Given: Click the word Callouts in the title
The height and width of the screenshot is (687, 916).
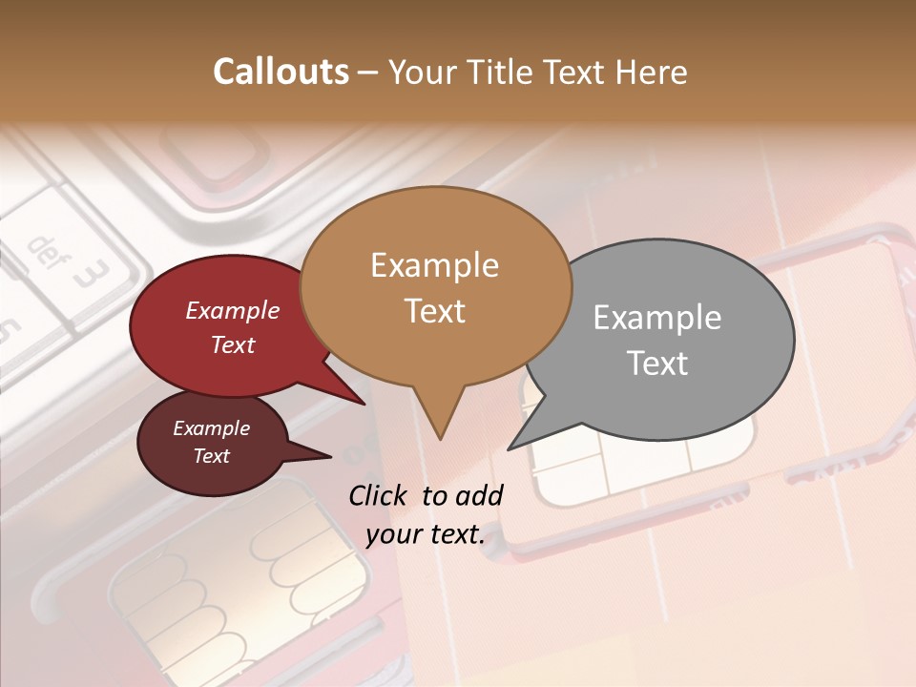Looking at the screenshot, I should [x=281, y=72].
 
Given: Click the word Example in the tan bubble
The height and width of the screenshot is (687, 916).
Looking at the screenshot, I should [x=434, y=265].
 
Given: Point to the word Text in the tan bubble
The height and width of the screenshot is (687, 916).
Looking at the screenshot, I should [x=434, y=310].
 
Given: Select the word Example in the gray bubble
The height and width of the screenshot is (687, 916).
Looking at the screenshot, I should [x=656, y=318].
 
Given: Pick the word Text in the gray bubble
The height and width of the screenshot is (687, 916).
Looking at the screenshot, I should [x=656, y=363].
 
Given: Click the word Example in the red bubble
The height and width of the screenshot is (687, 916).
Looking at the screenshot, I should [x=233, y=310].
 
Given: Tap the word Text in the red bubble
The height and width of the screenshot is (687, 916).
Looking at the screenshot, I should [x=233, y=344].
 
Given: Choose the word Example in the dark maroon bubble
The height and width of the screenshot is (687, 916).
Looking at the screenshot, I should [x=211, y=428].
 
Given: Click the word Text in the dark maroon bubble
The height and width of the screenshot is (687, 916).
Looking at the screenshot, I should [x=211, y=455].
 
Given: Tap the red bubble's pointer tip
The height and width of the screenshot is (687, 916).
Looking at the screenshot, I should [x=364, y=404].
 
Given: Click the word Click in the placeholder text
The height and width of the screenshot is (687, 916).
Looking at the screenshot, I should [x=380, y=495].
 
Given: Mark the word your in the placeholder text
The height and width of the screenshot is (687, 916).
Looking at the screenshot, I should [x=393, y=534].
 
